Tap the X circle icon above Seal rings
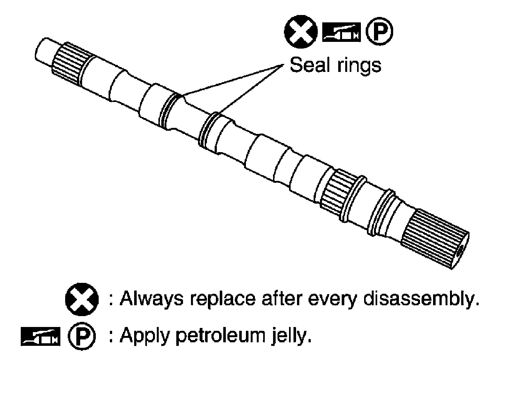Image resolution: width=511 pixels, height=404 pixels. tap(301, 32)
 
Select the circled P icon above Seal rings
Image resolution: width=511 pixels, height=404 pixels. tap(379, 32)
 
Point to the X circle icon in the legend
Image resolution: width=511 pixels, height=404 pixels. tap(81, 299)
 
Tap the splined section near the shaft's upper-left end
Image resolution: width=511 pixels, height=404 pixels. tap(69, 63)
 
